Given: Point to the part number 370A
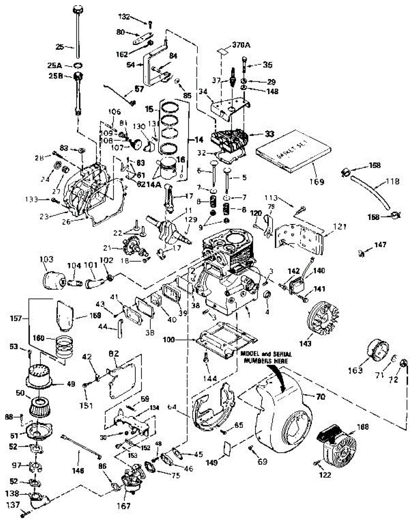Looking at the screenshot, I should click(240, 45).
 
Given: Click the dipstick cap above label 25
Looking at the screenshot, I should click(78, 10).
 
